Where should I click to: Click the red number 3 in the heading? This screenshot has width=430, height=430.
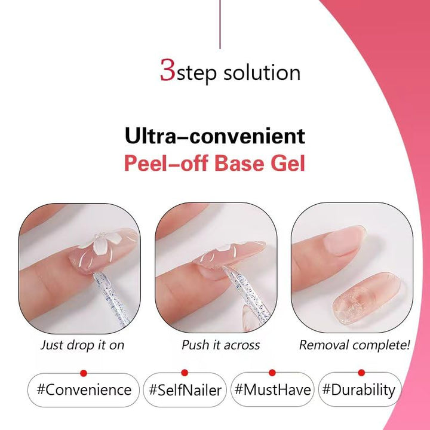click(x=167, y=70)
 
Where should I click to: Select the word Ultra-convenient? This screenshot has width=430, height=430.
click(x=214, y=136)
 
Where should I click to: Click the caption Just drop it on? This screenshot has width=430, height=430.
click(x=82, y=345)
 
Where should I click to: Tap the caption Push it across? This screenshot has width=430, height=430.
click(x=220, y=345)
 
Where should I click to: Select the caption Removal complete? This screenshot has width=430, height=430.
click(x=354, y=345)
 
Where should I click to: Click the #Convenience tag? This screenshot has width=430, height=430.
click(x=84, y=390)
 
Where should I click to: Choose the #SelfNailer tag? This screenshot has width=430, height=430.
click(x=185, y=390)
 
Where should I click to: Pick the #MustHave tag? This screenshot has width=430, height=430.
click(x=272, y=390)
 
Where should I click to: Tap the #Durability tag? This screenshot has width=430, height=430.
click(x=359, y=390)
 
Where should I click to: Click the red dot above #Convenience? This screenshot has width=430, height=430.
click(x=84, y=373)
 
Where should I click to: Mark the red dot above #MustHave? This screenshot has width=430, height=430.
click(x=272, y=373)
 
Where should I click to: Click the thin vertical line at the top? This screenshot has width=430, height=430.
click(x=220, y=24)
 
